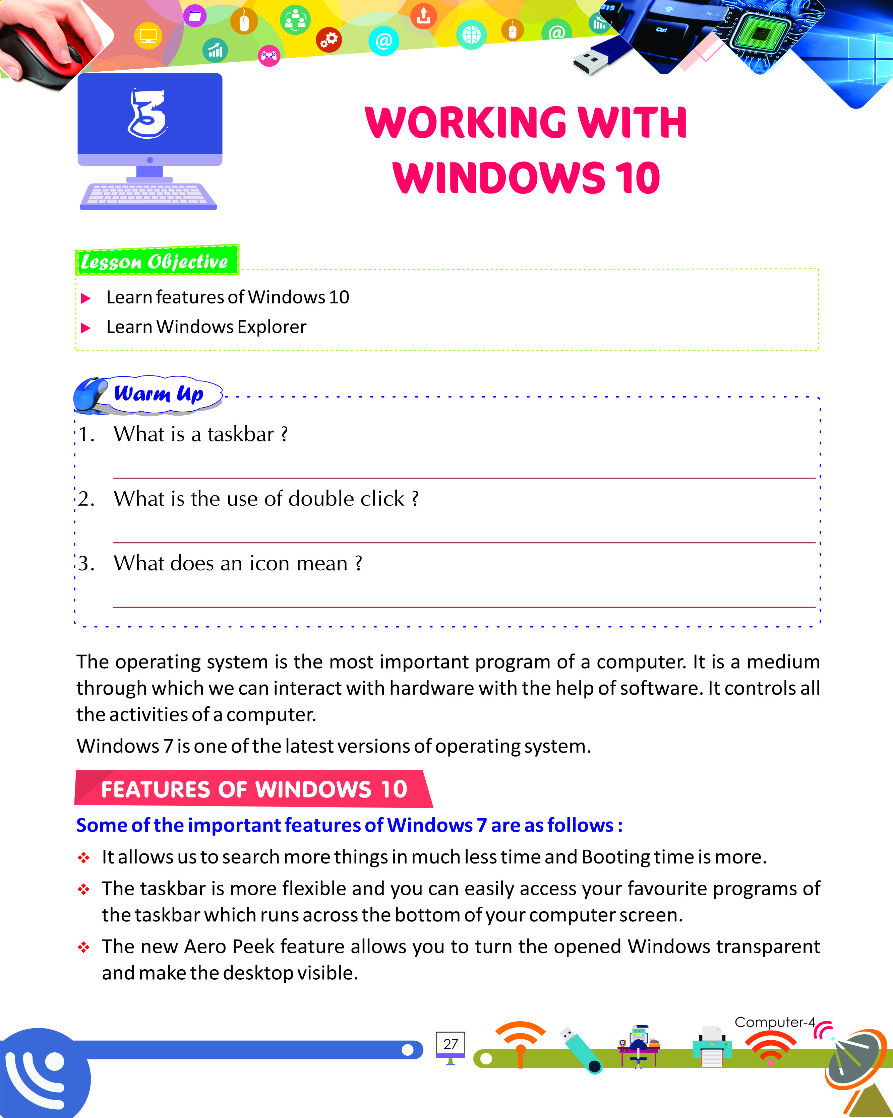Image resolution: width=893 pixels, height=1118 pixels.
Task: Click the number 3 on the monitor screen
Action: [x=147, y=114]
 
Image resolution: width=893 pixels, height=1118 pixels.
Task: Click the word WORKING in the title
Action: [x=465, y=123]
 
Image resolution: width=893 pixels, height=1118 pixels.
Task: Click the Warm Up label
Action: [x=158, y=394]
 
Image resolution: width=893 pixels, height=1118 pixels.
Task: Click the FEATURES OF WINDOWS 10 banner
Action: [x=253, y=789]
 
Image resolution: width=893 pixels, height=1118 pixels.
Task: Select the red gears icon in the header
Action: [x=329, y=40]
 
